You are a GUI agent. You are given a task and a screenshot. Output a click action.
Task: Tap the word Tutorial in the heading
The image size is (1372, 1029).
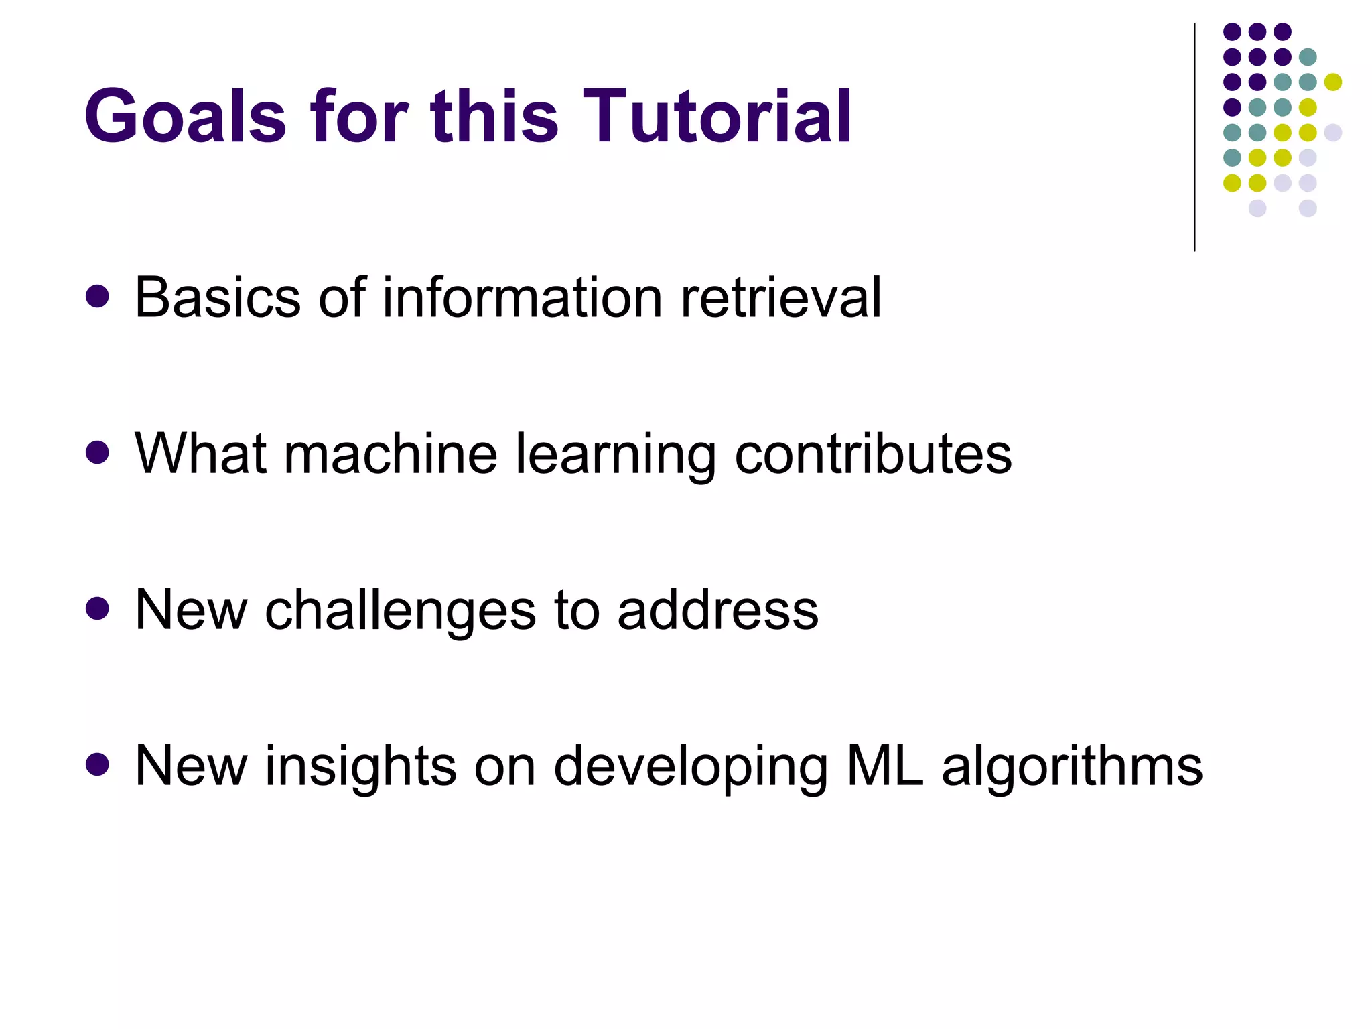[717, 117]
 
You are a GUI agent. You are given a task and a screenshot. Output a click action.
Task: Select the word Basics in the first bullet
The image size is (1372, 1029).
[218, 297]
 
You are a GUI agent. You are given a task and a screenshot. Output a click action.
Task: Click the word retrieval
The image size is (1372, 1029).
[781, 297]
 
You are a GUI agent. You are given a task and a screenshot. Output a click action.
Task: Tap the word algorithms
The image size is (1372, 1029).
[1072, 767]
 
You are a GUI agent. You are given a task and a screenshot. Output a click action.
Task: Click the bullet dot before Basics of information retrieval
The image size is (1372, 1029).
[98, 297]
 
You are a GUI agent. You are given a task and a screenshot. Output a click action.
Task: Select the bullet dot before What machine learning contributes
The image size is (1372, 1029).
[98, 453]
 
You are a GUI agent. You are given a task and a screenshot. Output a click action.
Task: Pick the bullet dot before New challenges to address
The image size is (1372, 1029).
[98, 609]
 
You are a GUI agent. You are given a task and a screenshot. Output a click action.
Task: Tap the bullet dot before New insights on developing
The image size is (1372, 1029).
[98, 765]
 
